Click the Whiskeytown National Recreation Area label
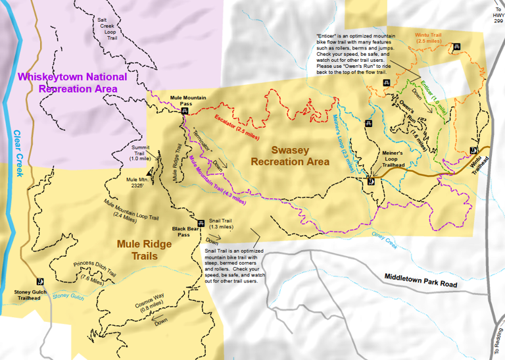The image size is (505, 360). click(x=67, y=82)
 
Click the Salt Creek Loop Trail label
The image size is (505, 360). click(x=107, y=29)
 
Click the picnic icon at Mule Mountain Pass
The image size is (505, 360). click(x=185, y=111)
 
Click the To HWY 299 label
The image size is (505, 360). click(x=497, y=14)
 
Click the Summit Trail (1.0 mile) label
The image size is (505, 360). click(x=141, y=153)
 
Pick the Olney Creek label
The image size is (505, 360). click(x=384, y=242)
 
